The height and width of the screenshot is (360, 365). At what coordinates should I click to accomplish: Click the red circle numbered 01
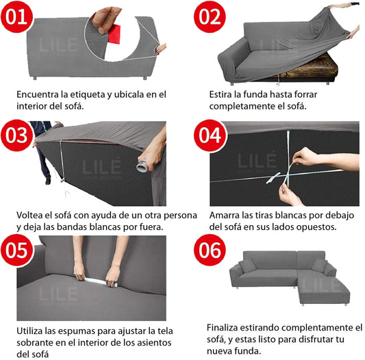pos(16,16)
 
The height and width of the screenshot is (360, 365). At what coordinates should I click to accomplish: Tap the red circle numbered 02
pos(210,16)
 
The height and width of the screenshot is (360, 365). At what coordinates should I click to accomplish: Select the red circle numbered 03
pos(16,136)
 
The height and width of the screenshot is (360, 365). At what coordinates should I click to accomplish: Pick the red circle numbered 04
pos(210,136)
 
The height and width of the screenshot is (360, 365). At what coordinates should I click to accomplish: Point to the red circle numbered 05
pos(17,250)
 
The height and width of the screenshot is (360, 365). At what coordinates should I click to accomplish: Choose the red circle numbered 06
pos(210,250)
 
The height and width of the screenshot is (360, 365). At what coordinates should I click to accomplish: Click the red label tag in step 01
pos(114,34)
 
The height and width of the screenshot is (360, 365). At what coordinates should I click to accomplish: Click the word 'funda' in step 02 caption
pos(255,94)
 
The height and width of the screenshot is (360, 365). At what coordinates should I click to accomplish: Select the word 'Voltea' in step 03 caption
pos(29,216)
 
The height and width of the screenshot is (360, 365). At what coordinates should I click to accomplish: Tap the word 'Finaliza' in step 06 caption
pos(222,328)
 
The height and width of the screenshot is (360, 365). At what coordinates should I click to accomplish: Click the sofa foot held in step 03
pos(142,166)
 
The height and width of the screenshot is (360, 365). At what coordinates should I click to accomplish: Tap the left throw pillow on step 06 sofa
pos(247,266)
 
